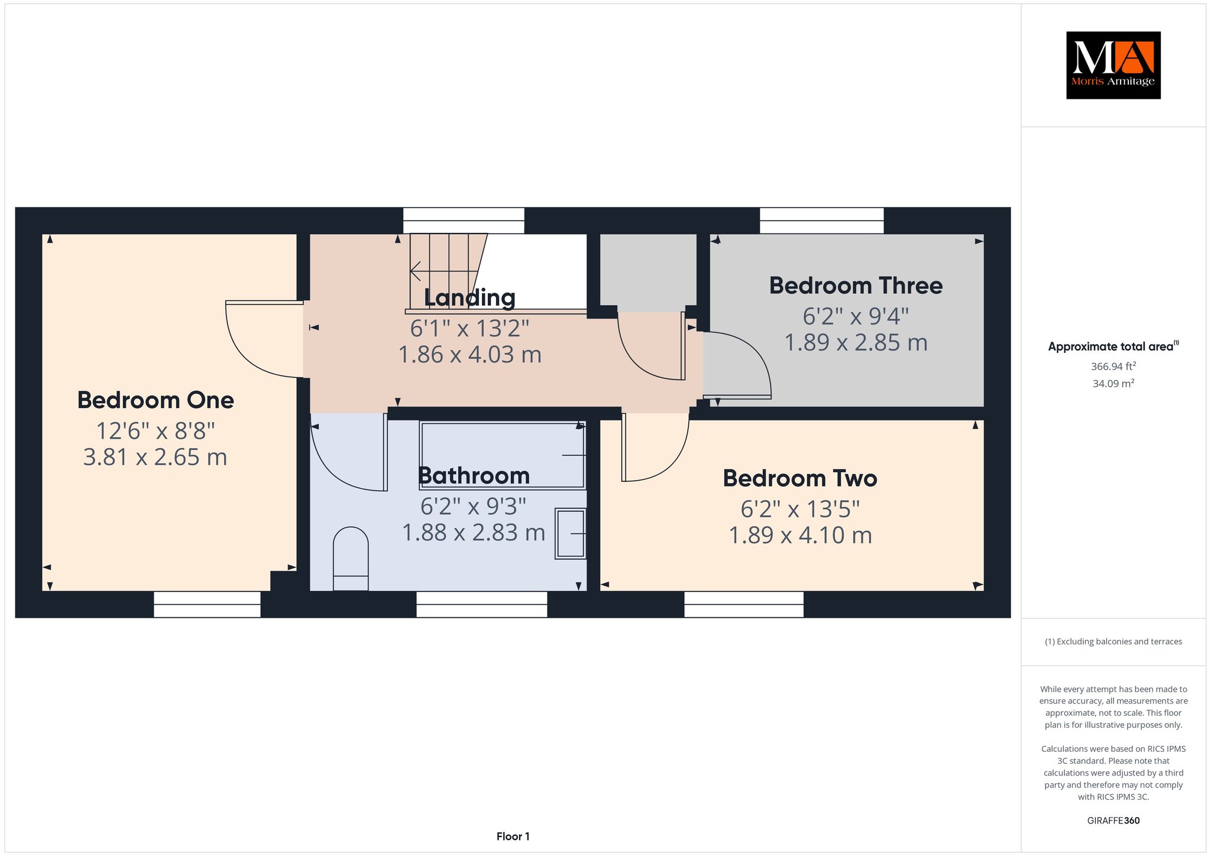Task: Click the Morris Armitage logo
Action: [x=1113, y=65]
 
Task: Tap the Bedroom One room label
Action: [x=156, y=400]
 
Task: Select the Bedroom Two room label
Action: [x=799, y=478]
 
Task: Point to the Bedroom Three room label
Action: [x=856, y=286]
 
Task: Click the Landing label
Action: [x=469, y=298]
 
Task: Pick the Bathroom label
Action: [x=474, y=475]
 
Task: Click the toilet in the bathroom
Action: [x=351, y=559]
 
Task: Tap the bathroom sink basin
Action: [x=571, y=533]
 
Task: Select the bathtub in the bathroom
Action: [x=503, y=455]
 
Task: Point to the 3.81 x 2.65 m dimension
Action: [x=155, y=457]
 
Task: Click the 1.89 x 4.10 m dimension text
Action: [x=800, y=535]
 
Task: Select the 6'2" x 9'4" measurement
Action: [x=856, y=316]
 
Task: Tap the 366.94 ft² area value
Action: [x=1113, y=367]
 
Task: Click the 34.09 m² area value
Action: [x=1113, y=384]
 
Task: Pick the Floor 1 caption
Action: [x=513, y=836]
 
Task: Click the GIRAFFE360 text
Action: [x=1113, y=821]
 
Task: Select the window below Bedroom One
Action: [x=207, y=604]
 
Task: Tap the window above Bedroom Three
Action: [x=822, y=221]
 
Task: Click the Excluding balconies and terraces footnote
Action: [x=1113, y=641]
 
